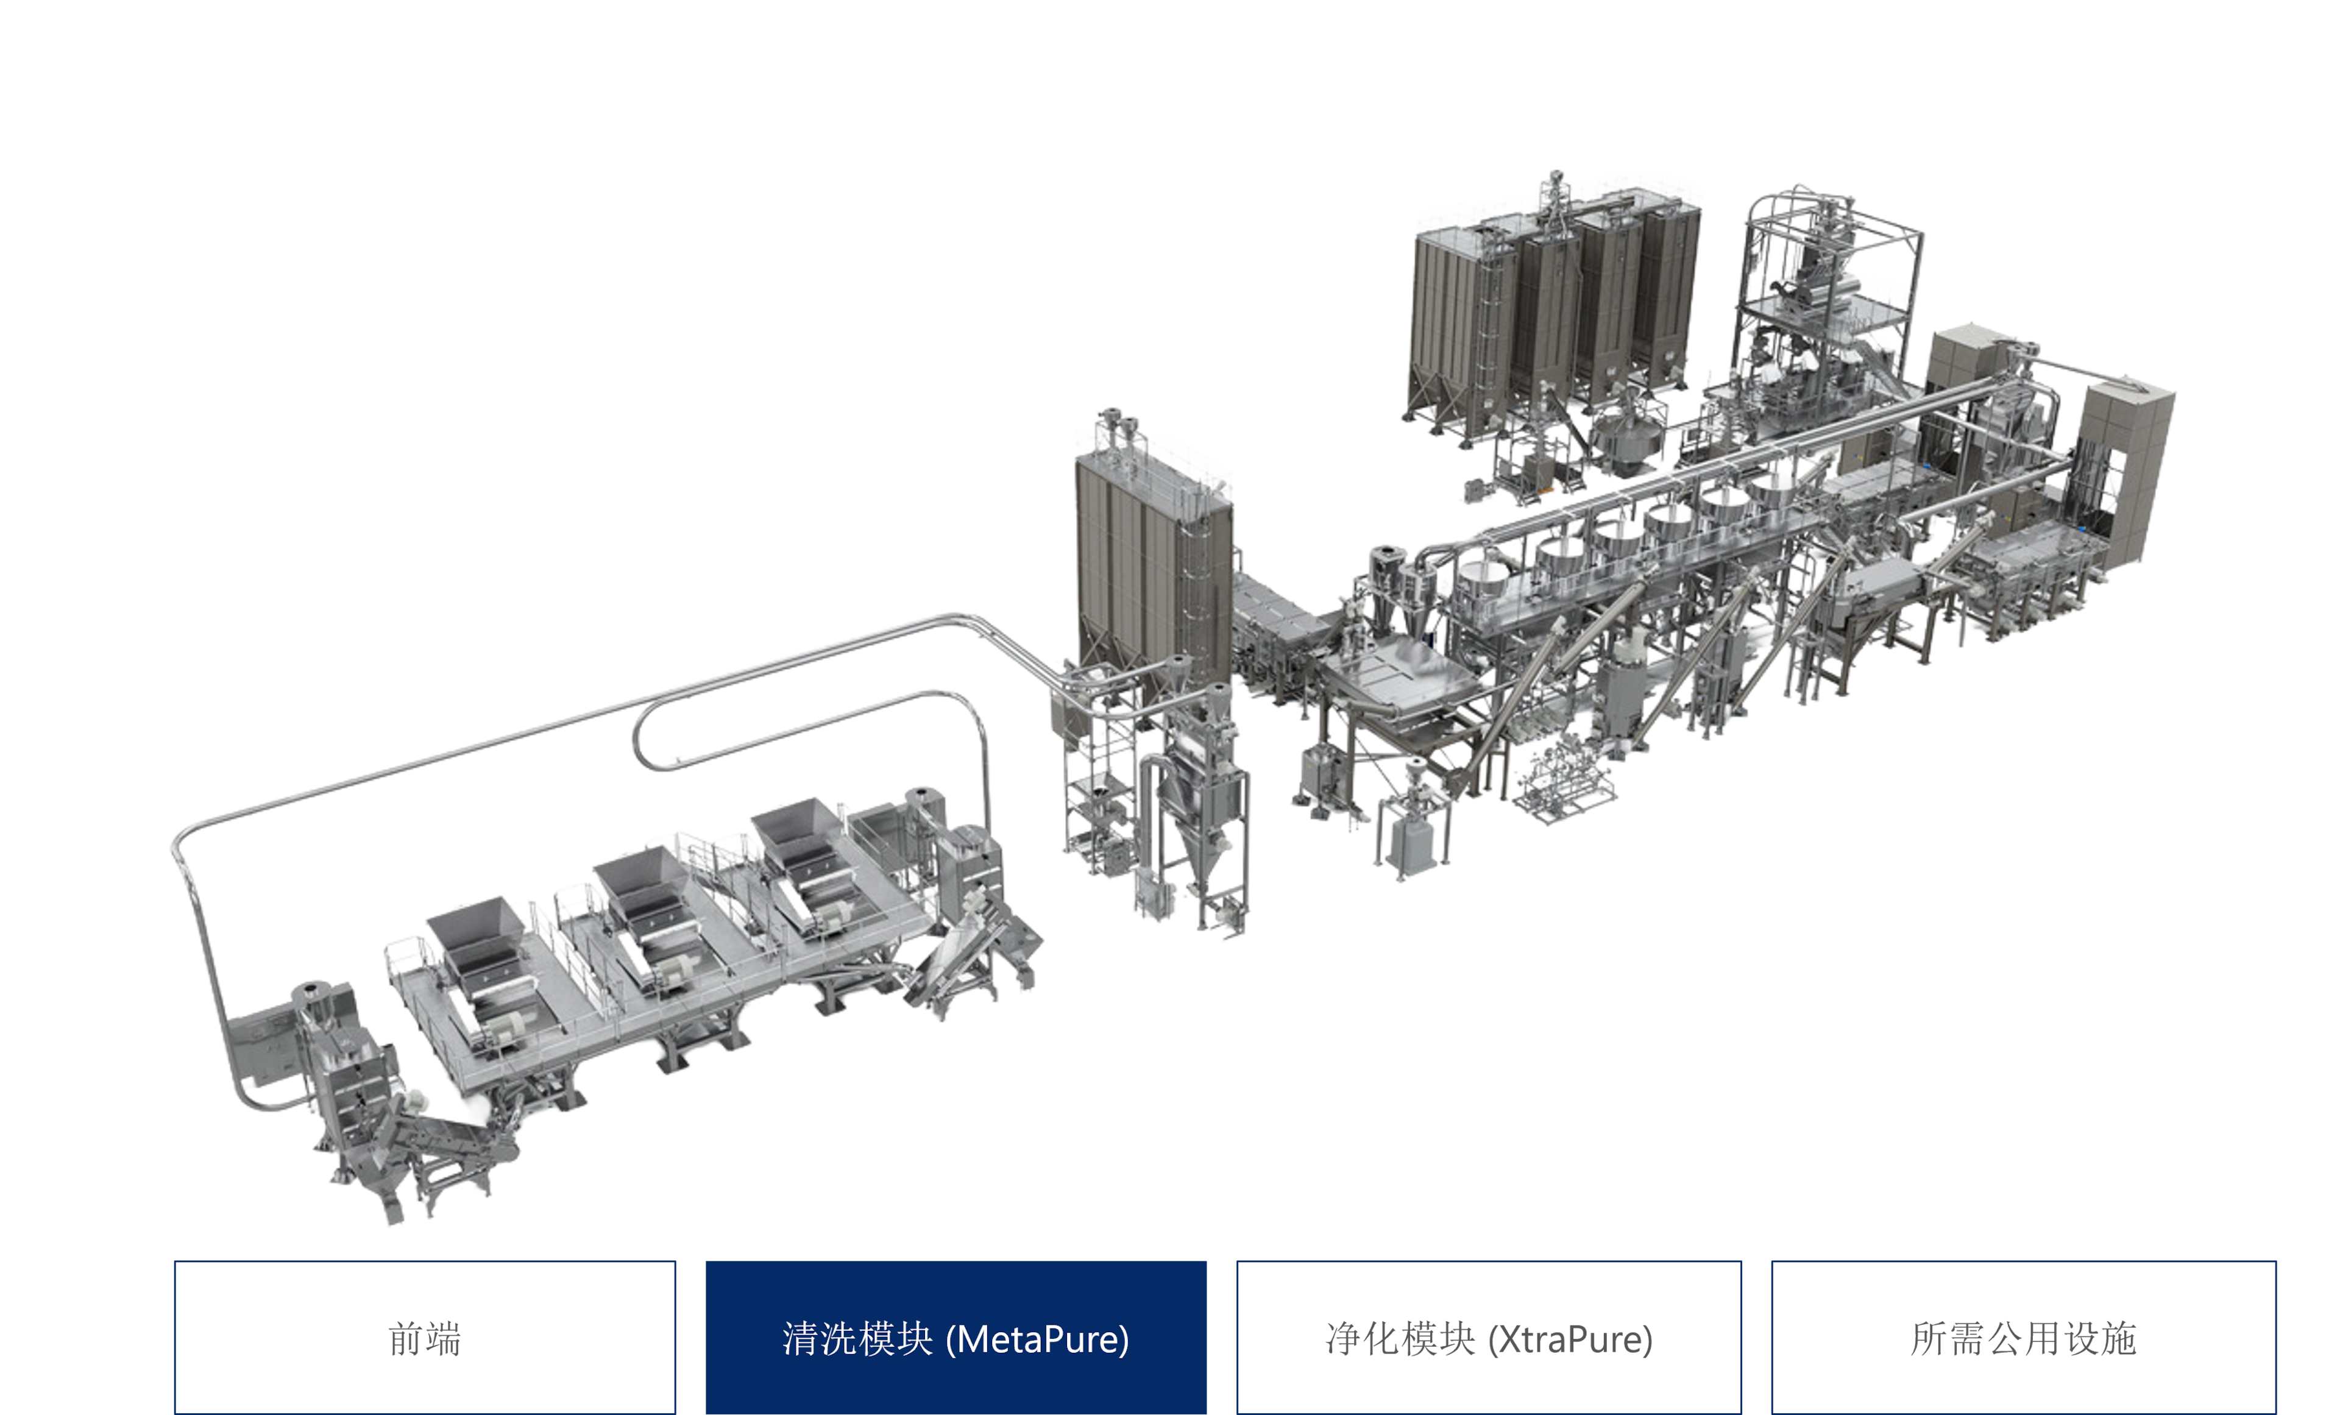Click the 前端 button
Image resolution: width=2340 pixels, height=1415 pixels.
pos(425,1337)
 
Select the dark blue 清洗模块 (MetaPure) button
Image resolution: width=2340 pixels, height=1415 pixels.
pos(955,1337)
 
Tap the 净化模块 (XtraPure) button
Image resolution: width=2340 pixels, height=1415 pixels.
pos(1488,1337)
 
